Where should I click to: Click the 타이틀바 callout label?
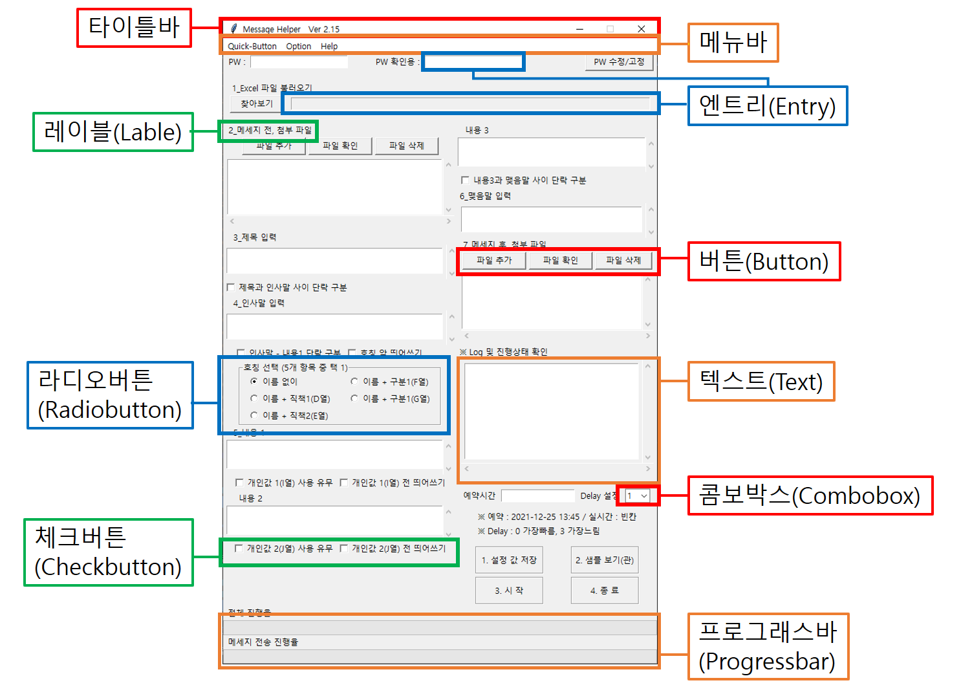coord(134,28)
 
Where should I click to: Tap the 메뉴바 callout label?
coord(733,43)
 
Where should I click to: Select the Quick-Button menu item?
coord(252,47)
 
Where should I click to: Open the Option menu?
coord(298,47)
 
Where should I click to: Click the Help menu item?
coord(329,47)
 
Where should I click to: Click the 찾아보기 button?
coord(256,103)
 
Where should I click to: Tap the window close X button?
coord(641,29)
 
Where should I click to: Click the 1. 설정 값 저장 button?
coord(509,560)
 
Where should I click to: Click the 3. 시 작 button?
coord(509,591)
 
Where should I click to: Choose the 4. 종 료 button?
coord(605,591)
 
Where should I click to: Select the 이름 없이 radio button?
coord(254,382)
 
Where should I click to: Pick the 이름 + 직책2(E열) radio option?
coord(254,415)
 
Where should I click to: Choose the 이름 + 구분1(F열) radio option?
coord(354,382)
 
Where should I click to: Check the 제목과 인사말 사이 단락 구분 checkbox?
coord(231,287)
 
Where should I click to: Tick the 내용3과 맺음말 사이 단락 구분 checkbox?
coord(465,180)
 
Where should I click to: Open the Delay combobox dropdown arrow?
coord(644,496)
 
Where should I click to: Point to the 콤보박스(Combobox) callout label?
coord(810,495)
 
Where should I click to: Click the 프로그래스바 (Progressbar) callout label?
coord(768,646)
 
